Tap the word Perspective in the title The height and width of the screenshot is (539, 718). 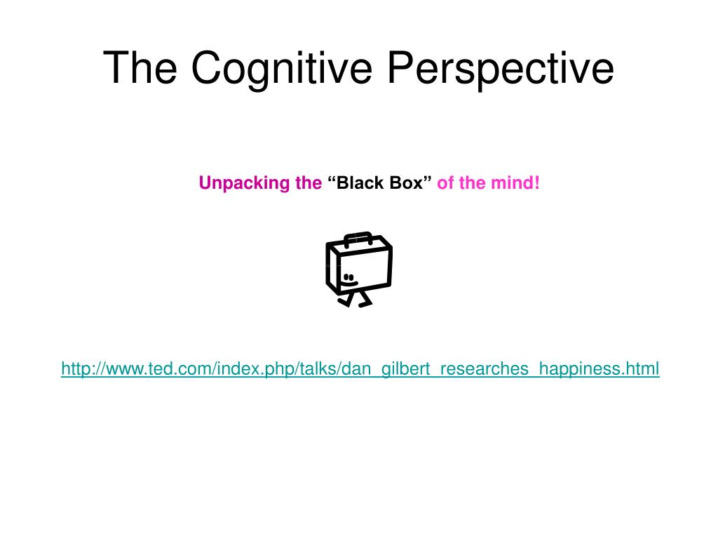(x=500, y=69)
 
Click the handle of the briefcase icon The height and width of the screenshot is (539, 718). (x=358, y=237)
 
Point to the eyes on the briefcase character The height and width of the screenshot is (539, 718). (x=348, y=277)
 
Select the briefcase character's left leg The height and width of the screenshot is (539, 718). (x=344, y=300)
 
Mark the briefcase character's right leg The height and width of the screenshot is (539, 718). (x=364, y=300)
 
